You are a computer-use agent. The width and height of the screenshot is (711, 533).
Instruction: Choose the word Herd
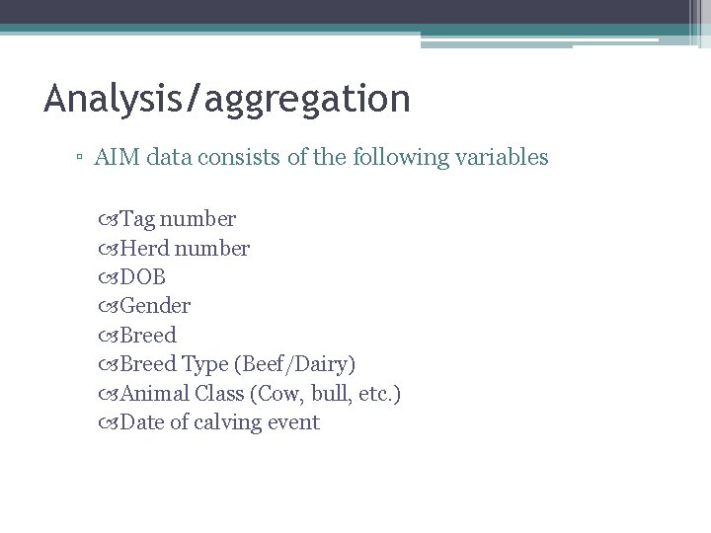143,247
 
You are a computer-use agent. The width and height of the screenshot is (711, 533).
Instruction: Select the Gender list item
155,306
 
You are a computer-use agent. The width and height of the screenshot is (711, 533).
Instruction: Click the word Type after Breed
205,364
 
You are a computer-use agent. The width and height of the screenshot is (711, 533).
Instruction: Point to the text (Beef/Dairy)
294,364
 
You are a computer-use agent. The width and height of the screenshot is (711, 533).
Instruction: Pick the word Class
220,393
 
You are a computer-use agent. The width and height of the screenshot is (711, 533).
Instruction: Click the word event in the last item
294,422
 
